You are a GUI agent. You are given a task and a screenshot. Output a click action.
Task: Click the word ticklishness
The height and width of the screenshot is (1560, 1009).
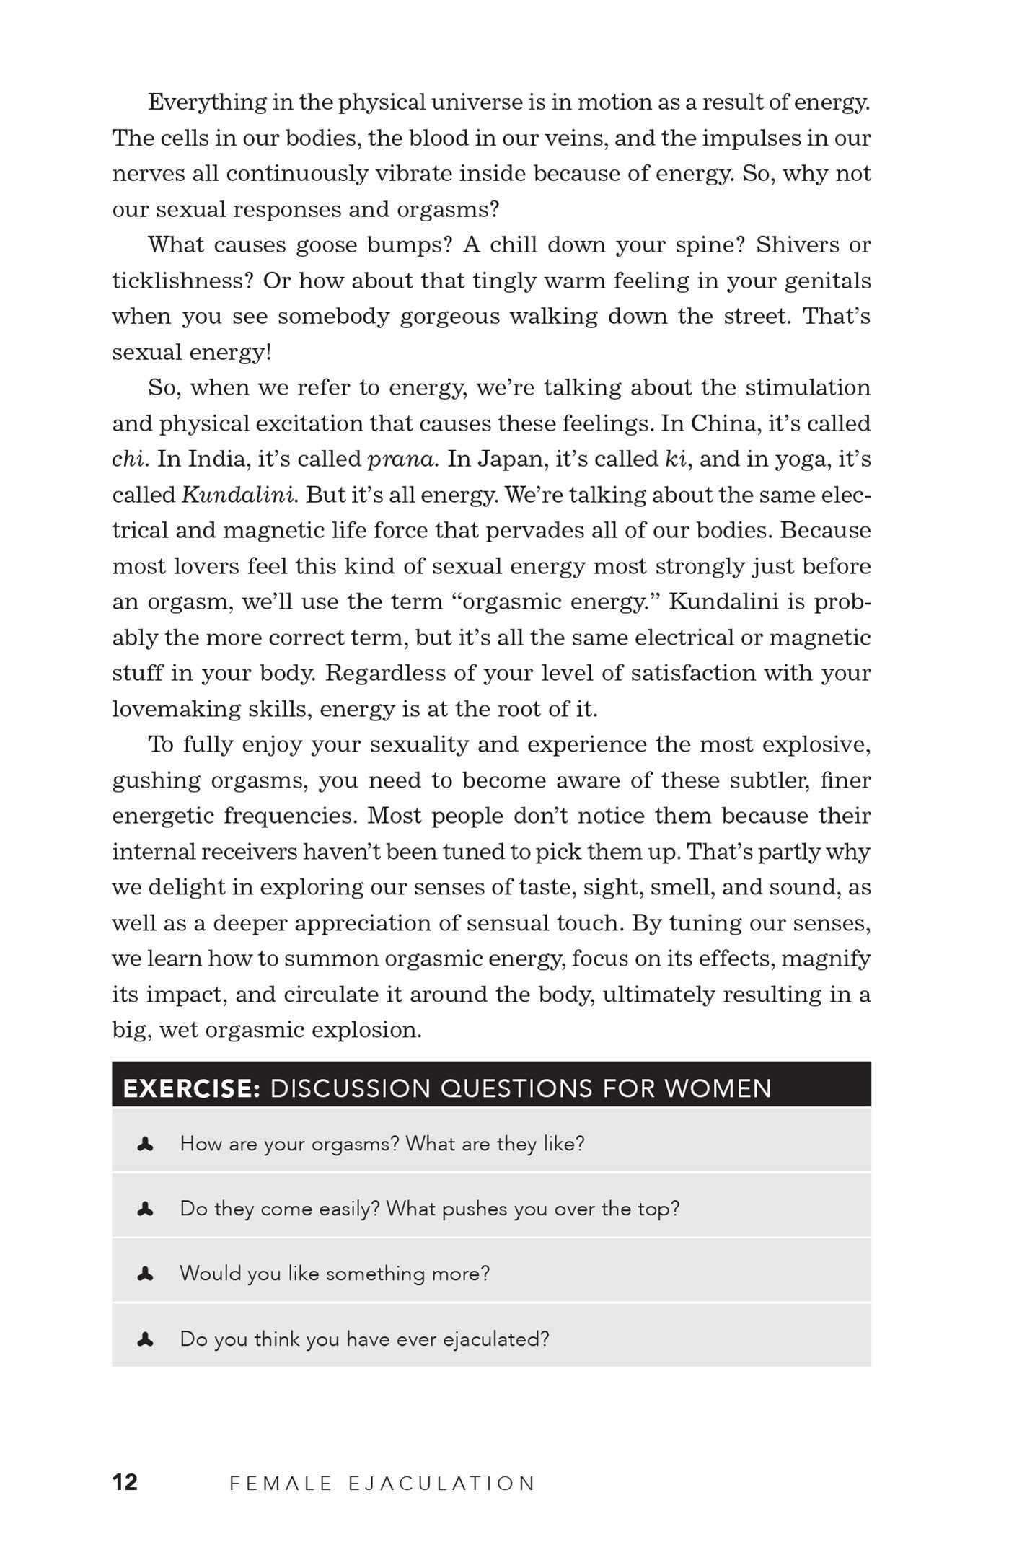182,281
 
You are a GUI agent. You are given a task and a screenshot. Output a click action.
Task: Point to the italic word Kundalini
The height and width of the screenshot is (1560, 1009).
239,495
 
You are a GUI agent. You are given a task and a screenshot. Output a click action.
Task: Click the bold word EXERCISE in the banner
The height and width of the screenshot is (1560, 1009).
191,1088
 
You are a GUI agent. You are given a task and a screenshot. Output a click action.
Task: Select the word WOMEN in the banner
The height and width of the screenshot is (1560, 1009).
718,1088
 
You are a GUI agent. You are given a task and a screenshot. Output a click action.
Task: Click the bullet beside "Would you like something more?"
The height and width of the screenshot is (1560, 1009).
145,1274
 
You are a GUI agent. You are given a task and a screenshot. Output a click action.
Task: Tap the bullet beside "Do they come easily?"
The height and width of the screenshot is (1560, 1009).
145,1209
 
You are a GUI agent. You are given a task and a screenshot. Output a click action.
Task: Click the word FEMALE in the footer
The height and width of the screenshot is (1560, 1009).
281,1484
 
